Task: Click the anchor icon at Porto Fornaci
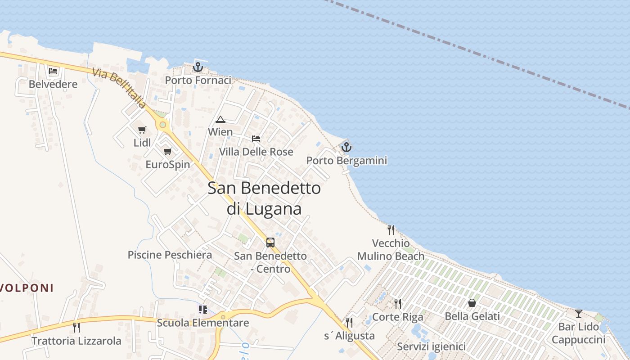pyautogui.click(x=198, y=67)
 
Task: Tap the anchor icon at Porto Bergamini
pyautogui.click(x=346, y=147)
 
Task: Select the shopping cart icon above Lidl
pyautogui.click(x=142, y=130)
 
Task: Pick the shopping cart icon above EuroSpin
pyautogui.click(x=168, y=152)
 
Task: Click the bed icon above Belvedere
pyautogui.click(x=53, y=71)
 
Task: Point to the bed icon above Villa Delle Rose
pyautogui.click(x=256, y=139)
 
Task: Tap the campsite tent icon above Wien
pyautogui.click(x=220, y=120)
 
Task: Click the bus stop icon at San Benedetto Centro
pyautogui.click(x=270, y=243)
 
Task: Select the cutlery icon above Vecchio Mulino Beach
pyautogui.click(x=391, y=230)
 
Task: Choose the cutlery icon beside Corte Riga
pyautogui.click(x=397, y=304)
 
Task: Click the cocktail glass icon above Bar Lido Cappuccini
pyautogui.click(x=579, y=313)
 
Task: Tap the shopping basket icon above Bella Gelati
pyautogui.click(x=472, y=303)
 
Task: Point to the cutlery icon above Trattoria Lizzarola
pyautogui.click(x=76, y=327)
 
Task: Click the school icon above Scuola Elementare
pyautogui.click(x=202, y=310)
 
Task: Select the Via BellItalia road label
pyautogui.click(x=119, y=88)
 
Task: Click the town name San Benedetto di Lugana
pyautogui.click(x=264, y=198)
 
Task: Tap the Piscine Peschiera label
pyautogui.click(x=170, y=255)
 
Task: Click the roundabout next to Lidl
pyautogui.click(x=162, y=125)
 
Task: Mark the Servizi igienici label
pyautogui.click(x=431, y=347)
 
